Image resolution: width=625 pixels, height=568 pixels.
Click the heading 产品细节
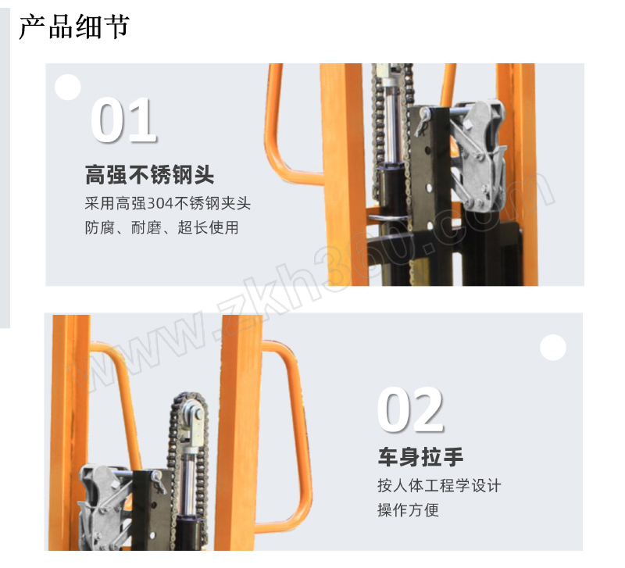coord(74,27)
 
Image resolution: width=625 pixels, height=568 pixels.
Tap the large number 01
coord(123,120)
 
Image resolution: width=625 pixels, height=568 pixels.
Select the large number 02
coord(410,409)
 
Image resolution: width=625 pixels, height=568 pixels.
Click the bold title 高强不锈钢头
coord(149,174)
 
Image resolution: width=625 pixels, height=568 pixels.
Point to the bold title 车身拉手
coord(420,457)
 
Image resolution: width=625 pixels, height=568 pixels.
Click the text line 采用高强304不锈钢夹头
coord(168,203)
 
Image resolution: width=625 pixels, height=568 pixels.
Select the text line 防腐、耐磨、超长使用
coord(162,227)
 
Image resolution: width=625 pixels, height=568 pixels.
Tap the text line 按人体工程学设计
coord(439,485)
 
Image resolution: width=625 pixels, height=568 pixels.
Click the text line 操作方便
coord(408,510)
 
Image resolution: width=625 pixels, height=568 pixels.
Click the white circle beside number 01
coord(68,87)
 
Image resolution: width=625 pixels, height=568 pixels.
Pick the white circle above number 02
coord(553,348)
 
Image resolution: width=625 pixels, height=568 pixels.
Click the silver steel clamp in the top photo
coord(480,156)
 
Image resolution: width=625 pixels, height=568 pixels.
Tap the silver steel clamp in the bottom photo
coord(105,507)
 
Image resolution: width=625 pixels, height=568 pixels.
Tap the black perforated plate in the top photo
coord(429,171)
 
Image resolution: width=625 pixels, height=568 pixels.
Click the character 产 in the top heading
coord(32,27)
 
